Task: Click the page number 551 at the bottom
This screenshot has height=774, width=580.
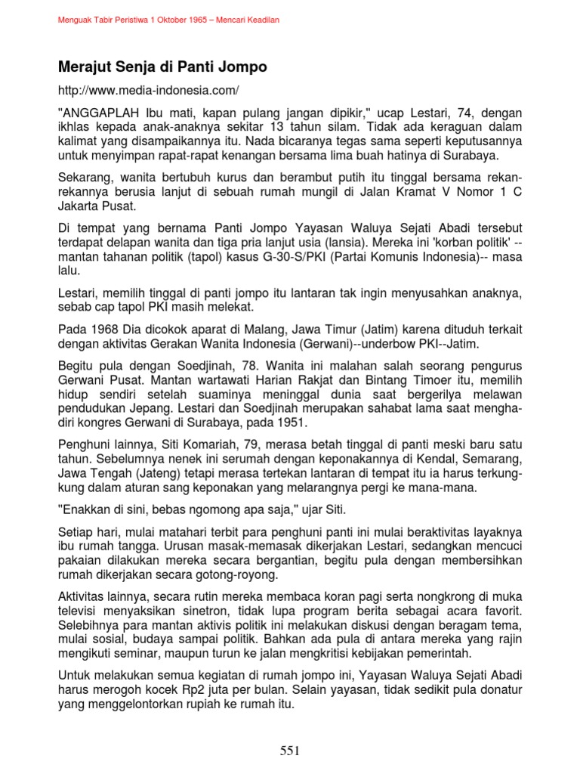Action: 290,751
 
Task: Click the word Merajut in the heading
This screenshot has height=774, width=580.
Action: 85,67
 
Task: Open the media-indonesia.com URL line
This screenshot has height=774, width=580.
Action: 148,91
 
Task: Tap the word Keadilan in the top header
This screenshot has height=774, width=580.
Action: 260,20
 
